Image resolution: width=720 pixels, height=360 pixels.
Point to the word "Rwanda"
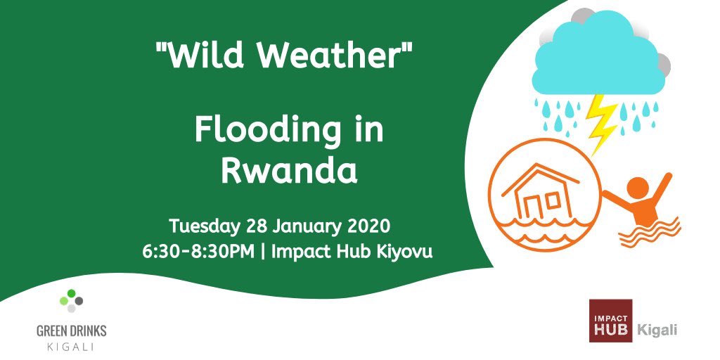(288, 171)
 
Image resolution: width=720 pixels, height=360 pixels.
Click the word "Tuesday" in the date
(205, 228)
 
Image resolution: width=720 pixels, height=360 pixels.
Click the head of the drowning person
(637, 188)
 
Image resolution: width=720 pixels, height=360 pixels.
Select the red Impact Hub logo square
(611, 321)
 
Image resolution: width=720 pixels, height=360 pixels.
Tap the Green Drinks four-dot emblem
(72, 300)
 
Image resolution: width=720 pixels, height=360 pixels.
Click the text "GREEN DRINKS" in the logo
(72, 331)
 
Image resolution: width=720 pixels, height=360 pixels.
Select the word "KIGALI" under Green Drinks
(72, 346)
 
